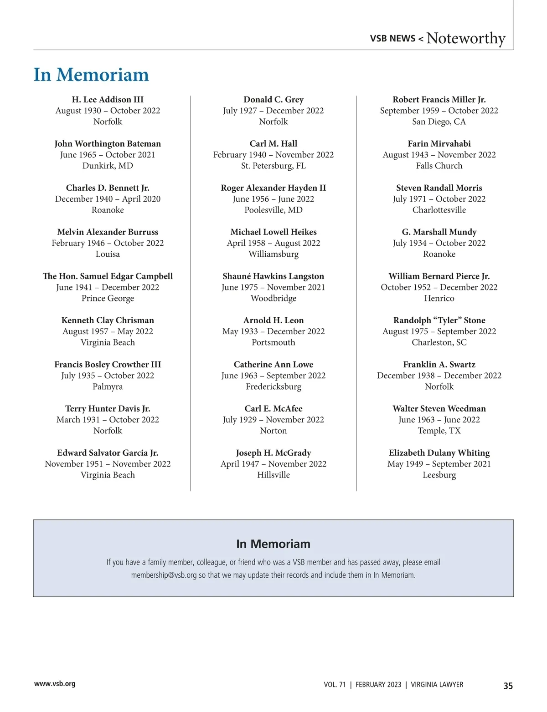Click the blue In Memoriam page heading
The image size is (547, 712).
point(91,75)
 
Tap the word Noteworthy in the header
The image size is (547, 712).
point(465,38)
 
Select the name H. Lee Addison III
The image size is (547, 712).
point(108,100)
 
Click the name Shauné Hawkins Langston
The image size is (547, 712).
point(273,276)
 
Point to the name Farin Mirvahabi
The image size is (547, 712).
point(439,144)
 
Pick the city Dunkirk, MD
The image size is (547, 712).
point(108,166)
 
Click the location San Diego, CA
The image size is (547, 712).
point(439,122)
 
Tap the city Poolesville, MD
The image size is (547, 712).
point(273,210)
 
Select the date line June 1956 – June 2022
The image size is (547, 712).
point(273,199)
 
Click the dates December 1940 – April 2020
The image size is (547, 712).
point(108,199)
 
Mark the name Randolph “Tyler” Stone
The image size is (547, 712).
point(439,320)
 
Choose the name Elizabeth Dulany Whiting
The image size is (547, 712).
point(439,453)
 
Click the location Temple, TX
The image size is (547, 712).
point(439,431)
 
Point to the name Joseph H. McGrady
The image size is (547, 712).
point(273,453)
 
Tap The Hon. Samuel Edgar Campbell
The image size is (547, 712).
point(108,276)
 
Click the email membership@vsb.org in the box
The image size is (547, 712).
point(164,575)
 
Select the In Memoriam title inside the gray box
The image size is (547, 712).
point(273,544)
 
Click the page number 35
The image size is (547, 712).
point(508,686)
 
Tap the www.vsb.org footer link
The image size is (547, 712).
point(55,684)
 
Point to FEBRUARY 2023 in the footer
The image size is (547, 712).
point(378,685)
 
